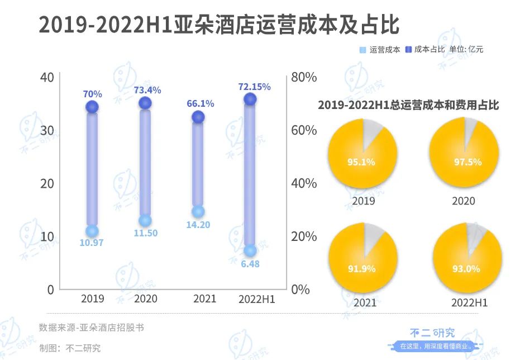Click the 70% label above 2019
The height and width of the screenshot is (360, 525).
click(x=93, y=94)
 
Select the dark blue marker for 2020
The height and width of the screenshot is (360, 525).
click(x=145, y=103)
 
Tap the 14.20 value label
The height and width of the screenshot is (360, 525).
click(x=198, y=225)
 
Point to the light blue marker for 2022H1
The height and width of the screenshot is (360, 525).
click(x=250, y=250)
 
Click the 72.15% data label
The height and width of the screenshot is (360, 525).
click(x=254, y=87)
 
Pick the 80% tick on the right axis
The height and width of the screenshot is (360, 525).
click(x=305, y=77)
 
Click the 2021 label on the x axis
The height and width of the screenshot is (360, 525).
click(x=204, y=299)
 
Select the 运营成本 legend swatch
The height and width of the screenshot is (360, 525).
click(x=362, y=50)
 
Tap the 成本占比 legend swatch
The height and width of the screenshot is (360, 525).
click(x=408, y=50)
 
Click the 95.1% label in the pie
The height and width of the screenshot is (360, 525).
click(x=361, y=163)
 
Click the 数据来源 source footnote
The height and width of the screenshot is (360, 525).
click(x=91, y=328)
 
